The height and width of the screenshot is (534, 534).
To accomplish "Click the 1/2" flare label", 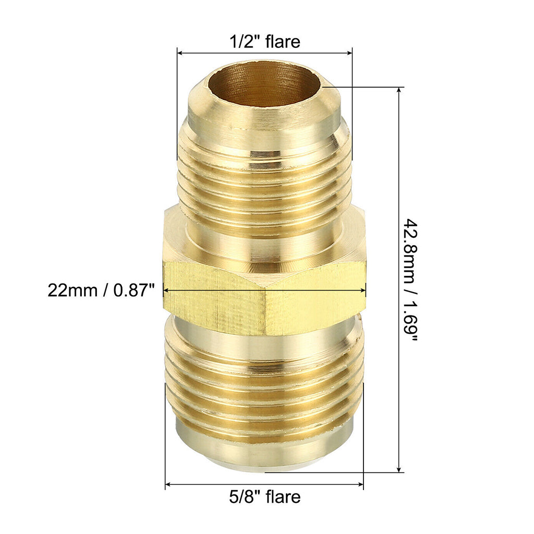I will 265,42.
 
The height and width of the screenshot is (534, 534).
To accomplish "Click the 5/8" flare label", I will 265,496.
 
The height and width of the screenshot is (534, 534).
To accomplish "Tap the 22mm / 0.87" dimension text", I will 101,290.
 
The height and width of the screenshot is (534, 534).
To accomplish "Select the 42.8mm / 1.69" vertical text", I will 411,280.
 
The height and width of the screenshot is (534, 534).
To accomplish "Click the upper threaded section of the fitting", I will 264,177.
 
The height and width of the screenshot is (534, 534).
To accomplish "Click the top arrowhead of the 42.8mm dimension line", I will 399,90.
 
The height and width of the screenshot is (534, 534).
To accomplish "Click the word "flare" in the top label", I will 283,42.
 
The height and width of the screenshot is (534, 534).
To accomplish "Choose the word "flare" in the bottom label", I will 283,496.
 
